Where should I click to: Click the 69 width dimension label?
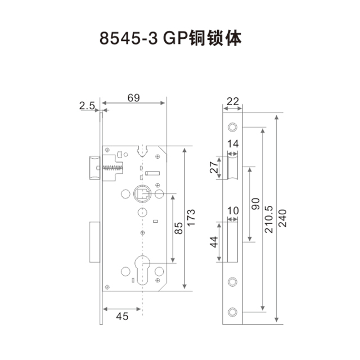(134, 98)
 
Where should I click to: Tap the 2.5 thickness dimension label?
(87, 106)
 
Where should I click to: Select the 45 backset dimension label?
(122, 316)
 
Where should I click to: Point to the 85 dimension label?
(179, 228)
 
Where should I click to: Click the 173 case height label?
(191, 218)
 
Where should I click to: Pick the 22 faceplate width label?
(233, 101)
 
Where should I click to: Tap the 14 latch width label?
(233, 144)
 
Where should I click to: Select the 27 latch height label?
(214, 167)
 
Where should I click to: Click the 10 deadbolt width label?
(233, 210)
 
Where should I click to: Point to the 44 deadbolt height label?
(214, 242)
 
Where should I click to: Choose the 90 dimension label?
(255, 204)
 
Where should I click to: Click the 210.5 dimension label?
(269, 219)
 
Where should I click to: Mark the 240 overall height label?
(282, 218)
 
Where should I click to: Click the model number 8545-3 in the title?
(129, 38)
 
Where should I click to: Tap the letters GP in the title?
(175, 38)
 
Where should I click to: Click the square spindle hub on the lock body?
(142, 193)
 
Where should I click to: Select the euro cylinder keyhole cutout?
(142, 270)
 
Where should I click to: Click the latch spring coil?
(112, 168)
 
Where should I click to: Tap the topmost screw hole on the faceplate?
(232, 127)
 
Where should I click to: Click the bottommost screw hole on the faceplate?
(232, 312)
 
